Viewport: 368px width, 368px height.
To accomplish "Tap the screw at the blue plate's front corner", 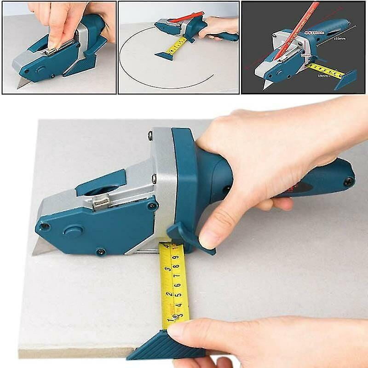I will pyautogui.click(x=45, y=226).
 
